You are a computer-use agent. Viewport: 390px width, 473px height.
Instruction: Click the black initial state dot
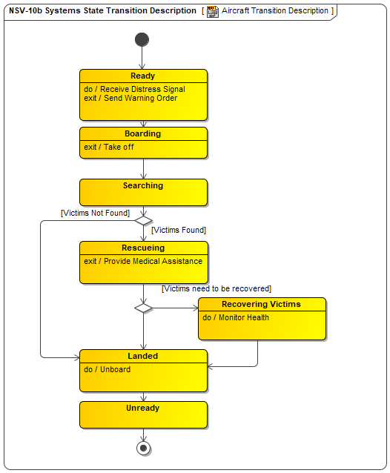[x=142, y=39]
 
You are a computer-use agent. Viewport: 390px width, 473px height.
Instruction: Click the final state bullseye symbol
[x=144, y=448]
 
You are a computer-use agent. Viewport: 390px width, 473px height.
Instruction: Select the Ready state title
[x=142, y=76]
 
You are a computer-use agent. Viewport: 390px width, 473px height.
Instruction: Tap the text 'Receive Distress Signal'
[x=142, y=89]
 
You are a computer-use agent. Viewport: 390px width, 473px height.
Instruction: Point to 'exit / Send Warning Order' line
[x=130, y=98]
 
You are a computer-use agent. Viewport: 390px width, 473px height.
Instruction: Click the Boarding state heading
[x=142, y=133]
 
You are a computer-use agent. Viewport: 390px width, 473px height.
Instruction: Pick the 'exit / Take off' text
[x=108, y=147]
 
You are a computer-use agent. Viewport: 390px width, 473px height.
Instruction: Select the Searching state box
[x=143, y=193]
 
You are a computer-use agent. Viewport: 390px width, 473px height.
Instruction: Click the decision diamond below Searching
[x=144, y=220]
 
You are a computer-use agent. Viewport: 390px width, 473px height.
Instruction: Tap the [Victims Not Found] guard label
[x=96, y=213]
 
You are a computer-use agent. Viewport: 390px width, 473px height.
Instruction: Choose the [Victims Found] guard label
[x=179, y=230]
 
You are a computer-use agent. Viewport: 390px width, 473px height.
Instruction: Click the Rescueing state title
[x=143, y=248]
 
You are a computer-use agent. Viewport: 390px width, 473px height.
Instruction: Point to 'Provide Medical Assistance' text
[x=153, y=261]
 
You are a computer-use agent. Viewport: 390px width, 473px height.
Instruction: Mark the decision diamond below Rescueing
[x=144, y=308]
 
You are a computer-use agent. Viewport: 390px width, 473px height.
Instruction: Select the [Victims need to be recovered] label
[x=217, y=288]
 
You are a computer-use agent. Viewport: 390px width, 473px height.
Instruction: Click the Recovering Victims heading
[x=261, y=304]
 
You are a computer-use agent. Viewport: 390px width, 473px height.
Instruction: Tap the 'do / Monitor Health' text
[x=236, y=317]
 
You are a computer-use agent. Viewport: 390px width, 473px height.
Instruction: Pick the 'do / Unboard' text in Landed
[x=107, y=369]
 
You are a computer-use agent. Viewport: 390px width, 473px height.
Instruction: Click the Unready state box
[x=143, y=414]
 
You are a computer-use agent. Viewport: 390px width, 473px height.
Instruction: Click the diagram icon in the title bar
[x=213, y=12]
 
